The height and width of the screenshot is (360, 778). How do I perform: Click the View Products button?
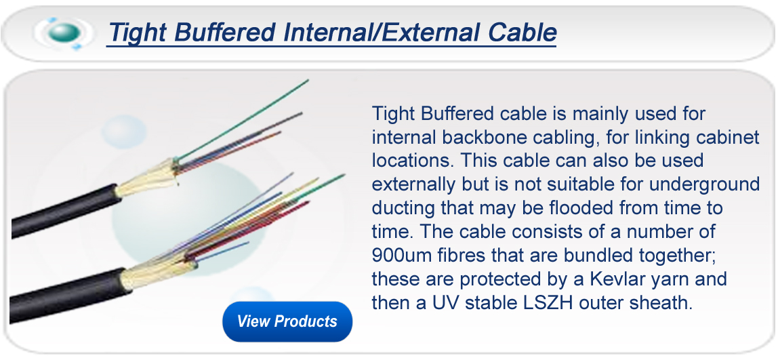point(287,321)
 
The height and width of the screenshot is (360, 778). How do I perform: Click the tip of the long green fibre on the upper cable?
point(306,81)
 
